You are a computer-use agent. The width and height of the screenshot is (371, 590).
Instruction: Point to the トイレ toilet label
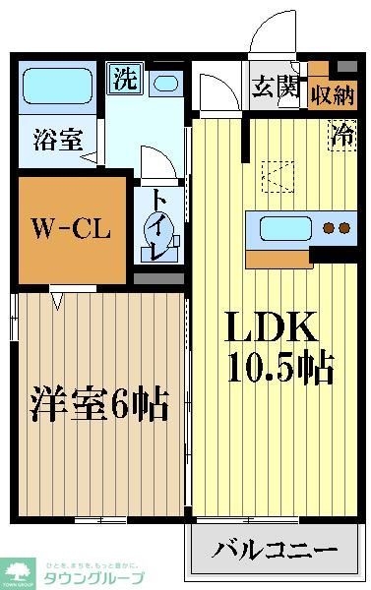coord(156,226)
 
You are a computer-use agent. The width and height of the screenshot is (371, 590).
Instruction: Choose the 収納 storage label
coord(333,95)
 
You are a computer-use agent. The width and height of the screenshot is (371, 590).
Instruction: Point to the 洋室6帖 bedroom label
coord(98,403)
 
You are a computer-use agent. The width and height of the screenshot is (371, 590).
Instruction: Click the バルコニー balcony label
coord(276,549)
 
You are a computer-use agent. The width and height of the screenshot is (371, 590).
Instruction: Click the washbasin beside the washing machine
coord(166,83)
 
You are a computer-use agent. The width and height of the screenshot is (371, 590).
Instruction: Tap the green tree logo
coord(18,569)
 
